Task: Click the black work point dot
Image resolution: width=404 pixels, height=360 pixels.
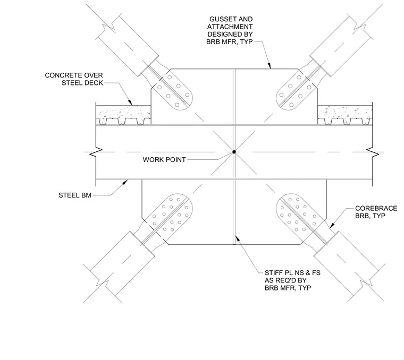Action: [x=234, y=152]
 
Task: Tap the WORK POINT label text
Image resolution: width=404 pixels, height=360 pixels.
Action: [x=164, y=159]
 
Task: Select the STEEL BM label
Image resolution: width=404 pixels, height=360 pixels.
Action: [x=75, y=195]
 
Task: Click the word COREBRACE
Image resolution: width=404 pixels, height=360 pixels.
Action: [x=376, y=208]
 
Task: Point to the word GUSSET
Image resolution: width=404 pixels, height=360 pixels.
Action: [x=221, y=19]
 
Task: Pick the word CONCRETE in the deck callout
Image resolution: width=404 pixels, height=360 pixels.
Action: [x=63, y=75]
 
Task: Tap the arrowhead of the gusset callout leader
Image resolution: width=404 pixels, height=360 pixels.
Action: [x=270, y=66]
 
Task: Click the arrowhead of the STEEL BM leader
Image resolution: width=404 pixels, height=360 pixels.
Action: [x=125, y=182]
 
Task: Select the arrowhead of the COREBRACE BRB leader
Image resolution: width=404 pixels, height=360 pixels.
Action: [x=332, y=225]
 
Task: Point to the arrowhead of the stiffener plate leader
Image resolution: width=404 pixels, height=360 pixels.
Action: [x=237, y=238]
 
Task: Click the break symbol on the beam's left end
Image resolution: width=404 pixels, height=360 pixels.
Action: [x=96, y=152]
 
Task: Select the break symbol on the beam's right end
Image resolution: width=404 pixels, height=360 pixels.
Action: [x=373, y=152]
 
